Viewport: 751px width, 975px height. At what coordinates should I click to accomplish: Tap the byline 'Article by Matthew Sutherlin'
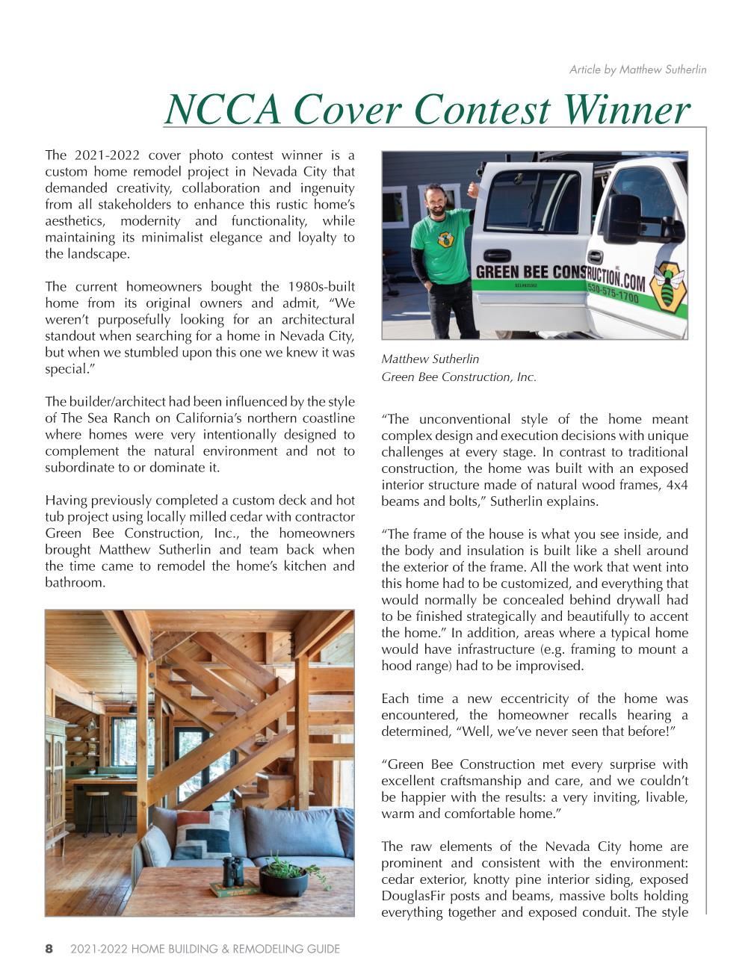point(637,69)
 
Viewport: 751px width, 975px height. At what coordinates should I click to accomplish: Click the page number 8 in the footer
point(49,949)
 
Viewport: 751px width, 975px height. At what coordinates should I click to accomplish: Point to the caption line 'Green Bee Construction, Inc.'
point(458,377)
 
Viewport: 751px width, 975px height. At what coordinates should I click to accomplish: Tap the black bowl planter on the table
point(283,882)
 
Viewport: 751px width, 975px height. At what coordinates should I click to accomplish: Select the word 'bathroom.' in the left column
point(75,582)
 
